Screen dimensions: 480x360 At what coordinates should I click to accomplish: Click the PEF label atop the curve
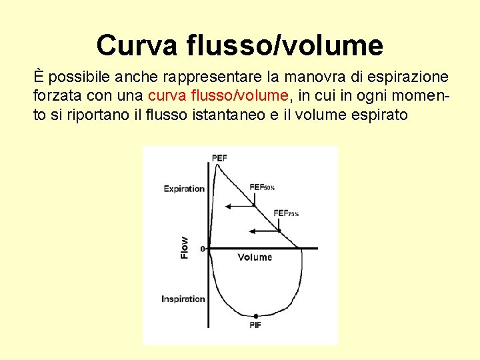tap(219, 158)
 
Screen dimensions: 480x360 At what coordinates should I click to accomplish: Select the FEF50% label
tap(262, 187)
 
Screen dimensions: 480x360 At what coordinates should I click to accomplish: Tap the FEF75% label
tap(286, 213)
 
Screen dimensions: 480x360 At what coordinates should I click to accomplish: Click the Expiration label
tap(184, 189)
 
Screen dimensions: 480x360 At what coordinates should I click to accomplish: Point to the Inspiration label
tap(183, 299)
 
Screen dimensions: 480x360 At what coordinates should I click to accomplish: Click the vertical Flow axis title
tap(185, 247)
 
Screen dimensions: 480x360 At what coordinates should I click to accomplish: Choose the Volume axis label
tap(255, 257)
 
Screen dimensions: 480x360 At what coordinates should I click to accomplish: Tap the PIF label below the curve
tap(255, 325)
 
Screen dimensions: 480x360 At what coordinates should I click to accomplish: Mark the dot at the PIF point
tap(255, 316)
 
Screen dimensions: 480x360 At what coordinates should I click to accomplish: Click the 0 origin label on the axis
tap(203, 249)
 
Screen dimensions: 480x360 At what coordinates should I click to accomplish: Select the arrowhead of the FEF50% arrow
tap(228, 207)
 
